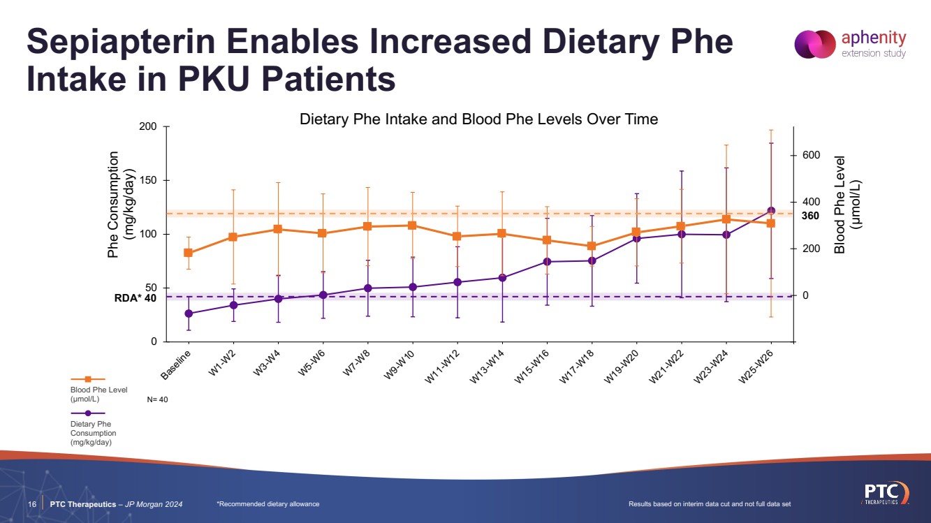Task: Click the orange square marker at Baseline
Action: point(188,253)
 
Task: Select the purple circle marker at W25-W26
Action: point(771,210)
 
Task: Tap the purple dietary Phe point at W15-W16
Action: point(547,262)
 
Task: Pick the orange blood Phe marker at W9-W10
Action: point(412,226)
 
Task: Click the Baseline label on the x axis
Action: point(176,364)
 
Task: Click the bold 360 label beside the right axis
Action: point(810,216)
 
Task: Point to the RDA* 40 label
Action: point(135,297)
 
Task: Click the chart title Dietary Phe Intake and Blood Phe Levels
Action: point(478,119)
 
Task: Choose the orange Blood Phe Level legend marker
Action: point(88,379)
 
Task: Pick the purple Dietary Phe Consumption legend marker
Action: point(88,413)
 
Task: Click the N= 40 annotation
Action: point(158,400)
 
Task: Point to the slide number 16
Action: point(32,504)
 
